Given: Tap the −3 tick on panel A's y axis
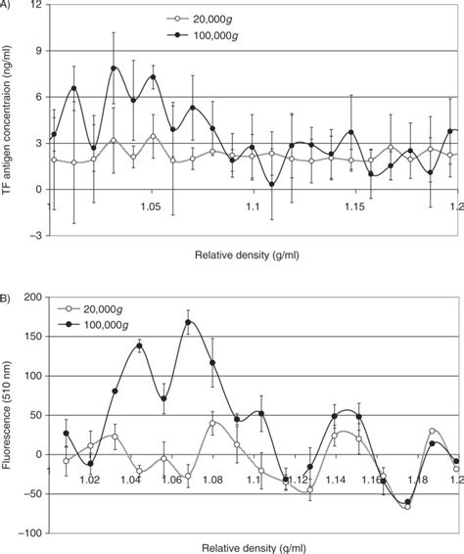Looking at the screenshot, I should click(x=34, y=236).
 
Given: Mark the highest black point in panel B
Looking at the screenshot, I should click(x=188, y=322).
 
